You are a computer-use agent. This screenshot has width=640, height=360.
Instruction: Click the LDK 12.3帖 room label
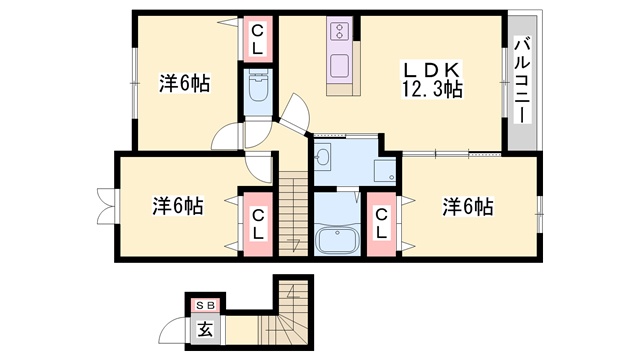tap(431, 80)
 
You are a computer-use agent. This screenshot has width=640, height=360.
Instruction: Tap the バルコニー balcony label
tap(522, 80)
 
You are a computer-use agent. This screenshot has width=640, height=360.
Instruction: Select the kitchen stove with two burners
tap(339, 31)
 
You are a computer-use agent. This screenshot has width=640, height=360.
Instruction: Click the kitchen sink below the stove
tap(340, 67)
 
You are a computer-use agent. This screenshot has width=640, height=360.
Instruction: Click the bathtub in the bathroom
tap(337, 240)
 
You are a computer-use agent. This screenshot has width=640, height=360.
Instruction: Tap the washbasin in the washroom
tap(322, 156)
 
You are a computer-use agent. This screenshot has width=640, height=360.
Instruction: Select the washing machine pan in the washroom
tap(385, 171)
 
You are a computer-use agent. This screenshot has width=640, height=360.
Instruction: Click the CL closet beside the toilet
tap(257, 40)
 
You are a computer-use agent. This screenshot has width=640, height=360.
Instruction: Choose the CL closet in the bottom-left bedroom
tap(258, 224)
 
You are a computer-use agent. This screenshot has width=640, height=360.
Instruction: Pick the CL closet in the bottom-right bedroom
tap(381, 224)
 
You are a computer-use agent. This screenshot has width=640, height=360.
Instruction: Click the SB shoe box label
tap(205, 305)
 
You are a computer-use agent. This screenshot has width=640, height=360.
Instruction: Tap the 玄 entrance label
tap(205, 329)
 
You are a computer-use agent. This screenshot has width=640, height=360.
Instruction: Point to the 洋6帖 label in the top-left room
tap(184, 83)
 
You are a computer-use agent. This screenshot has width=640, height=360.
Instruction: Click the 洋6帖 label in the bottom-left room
tap(178, 206)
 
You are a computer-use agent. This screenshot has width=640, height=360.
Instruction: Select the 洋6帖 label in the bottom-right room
tap(468, 206)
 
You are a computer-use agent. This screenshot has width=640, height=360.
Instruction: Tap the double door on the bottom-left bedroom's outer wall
tap(107, 206)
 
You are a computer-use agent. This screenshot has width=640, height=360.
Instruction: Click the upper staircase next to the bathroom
tap(293, 213)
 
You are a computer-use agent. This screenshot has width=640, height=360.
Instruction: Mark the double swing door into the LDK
tap(294, 114)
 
